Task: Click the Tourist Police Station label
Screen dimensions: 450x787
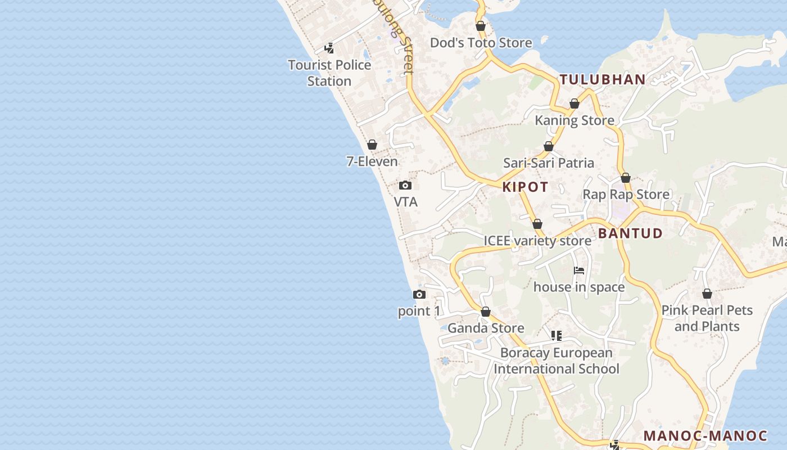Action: [329, 73]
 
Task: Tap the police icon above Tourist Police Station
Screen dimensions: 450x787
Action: [329, 48]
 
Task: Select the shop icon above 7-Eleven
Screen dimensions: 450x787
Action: [372, 145]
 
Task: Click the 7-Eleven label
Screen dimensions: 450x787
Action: [372, 161]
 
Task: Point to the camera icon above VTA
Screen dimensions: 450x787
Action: [405, 185]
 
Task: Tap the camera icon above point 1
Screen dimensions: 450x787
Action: [419, 294]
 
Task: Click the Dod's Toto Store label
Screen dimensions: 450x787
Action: [481, 43]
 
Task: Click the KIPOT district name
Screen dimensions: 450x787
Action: [525, 187]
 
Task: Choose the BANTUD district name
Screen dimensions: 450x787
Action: [630, 233]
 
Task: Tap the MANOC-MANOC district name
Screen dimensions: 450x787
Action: [705, 436]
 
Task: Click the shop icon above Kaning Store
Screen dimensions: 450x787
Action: [575, 103]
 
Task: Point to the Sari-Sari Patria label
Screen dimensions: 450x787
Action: [549, 163]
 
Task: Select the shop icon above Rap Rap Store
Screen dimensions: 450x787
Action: [626, 178]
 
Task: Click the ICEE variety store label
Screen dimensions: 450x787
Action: [537, 241]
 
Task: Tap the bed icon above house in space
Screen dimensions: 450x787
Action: [579, 271]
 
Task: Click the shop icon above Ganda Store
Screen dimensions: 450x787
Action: [486, 312]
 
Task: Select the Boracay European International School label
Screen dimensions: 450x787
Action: [557, 361]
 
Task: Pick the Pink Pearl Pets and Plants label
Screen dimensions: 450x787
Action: [707, 318]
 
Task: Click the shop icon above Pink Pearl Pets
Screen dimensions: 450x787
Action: [707, 294]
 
